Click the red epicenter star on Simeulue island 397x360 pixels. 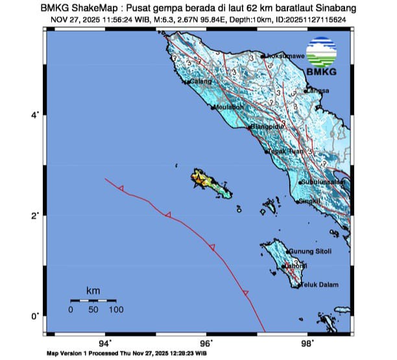[x=198, y=176]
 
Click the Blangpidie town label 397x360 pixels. [x=269, y=127]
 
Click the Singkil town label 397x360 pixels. [x=310, y=201]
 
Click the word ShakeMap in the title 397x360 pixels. [x=93, y=7]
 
